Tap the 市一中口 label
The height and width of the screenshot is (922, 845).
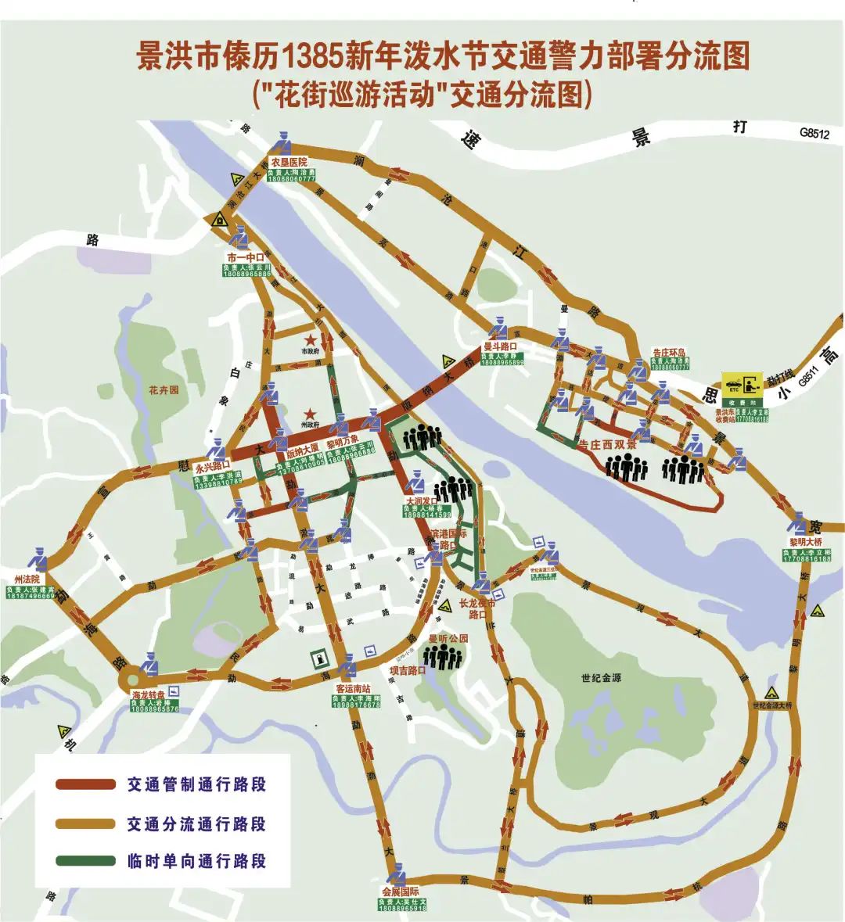pyautogui.click(x=246, y=258)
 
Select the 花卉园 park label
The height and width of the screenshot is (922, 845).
pyautogui.click(x=164, y=389)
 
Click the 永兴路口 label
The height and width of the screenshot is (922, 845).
pyautogui.click(x=212, y=467)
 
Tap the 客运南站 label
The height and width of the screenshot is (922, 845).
pyautogui.click(x=353, y=689)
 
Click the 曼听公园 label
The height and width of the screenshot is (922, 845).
pyautogui.click(x=447, y=638)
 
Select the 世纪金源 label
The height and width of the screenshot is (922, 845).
pyautogui.click(x=601, y=679)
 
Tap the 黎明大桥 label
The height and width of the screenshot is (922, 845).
pyautogui.click(x=805, y=542)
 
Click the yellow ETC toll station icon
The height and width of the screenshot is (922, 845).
pyautogui.click(x=743, y=386)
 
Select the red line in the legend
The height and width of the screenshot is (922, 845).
pyautogui.click(x=85, y=784)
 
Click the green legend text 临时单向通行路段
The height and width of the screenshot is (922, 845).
pyautogui.click(x=196, y=861)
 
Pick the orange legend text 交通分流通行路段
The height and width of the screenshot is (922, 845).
pyautogui.click(x=196, y=823)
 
